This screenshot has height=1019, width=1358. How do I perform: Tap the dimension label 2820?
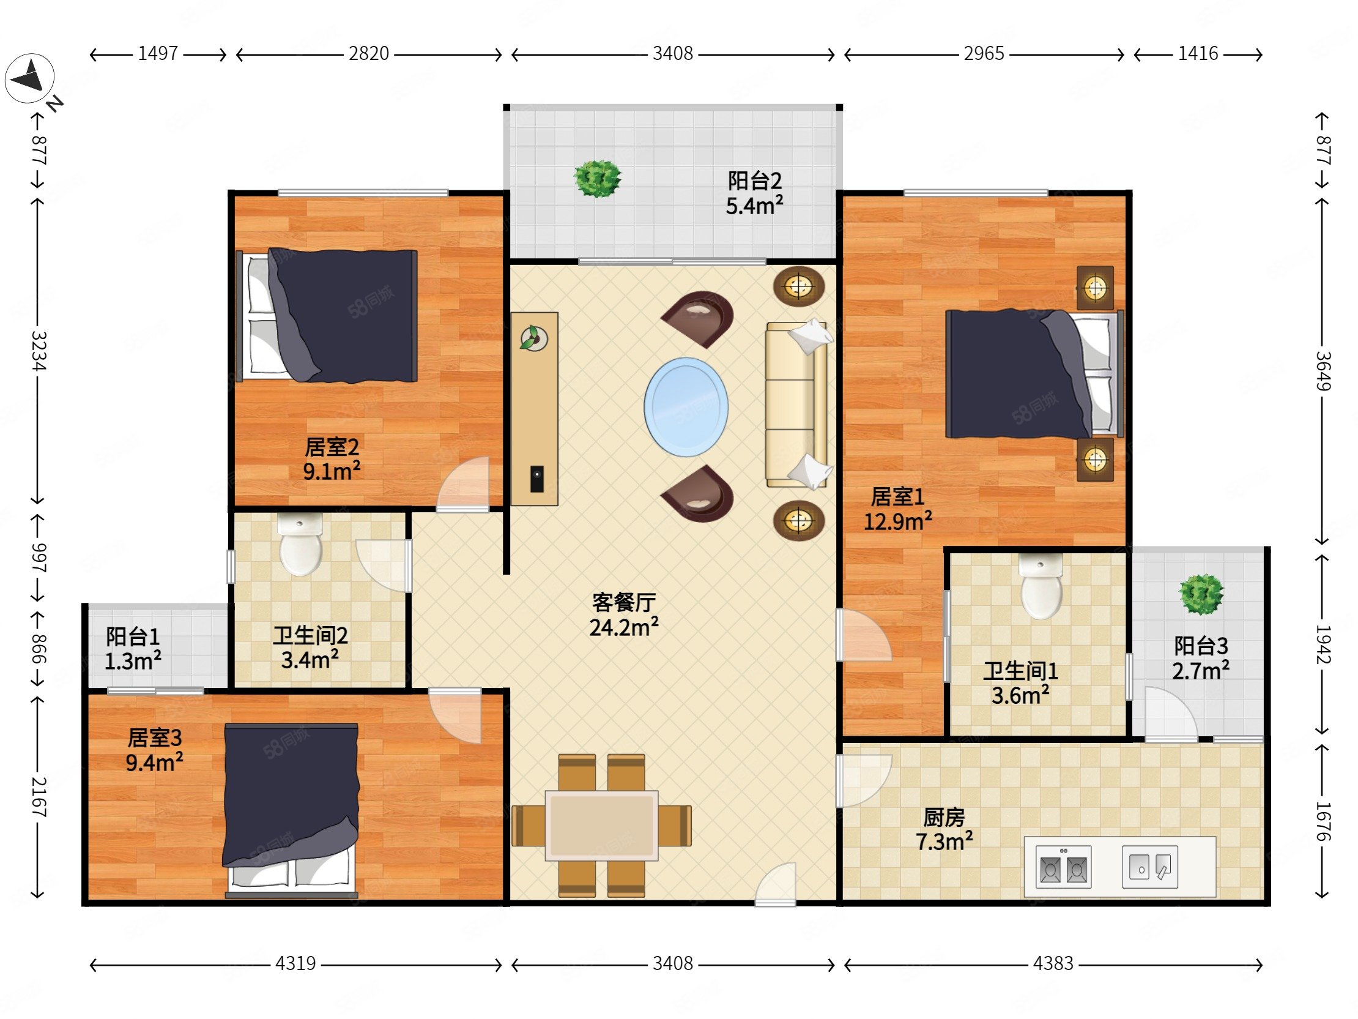(x=368, y=54)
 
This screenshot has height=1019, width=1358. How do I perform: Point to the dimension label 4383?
(x=1053, y=963)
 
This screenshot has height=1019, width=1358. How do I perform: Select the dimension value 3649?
(x=1323, y=371)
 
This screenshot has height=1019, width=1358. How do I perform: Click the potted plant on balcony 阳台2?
(x=598, y=179)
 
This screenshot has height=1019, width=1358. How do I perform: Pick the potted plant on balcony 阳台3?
(x=1201, y=594)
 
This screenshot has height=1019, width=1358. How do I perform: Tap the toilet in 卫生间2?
(x=300, y=544)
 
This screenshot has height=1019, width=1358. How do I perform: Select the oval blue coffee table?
(x=686, y=406)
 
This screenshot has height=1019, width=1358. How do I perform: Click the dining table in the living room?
(x=602, y=826)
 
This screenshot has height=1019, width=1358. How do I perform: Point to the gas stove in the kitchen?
(x=1063, y=867)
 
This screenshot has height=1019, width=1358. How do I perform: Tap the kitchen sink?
(x=1150, y=867)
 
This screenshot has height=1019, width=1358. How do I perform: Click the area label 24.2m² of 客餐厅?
(x=624, y=627)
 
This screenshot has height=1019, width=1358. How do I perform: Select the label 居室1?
(x=897, y=496)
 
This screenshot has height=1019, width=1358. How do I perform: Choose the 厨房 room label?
(x=944, y=817)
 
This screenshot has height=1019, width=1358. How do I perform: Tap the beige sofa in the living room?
(x=798, y=405)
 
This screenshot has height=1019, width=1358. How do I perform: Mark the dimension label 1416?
(x=1198, y=54)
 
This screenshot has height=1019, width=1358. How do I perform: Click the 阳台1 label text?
(x=133, y=636)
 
